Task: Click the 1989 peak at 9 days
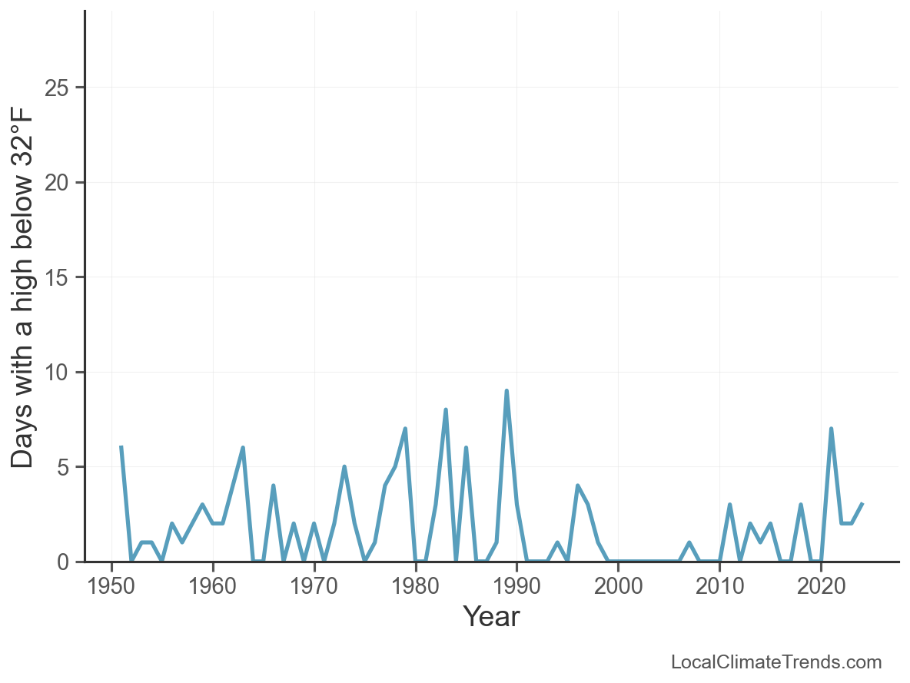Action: click(506, 391)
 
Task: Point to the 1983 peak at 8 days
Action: click(446, 409)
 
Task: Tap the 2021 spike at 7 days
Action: click(831, 429)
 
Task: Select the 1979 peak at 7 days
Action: click(405, 429)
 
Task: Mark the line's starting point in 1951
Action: click(121, 447)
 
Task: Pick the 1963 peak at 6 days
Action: click(243, 447)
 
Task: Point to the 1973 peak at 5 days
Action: click(344, 466)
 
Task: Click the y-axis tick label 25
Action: click(58, 88)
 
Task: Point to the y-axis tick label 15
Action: click(58, 277)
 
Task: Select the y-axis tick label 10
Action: click(58, 373)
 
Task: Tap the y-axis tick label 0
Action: click(65, 562)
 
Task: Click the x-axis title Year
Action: click(491, 617)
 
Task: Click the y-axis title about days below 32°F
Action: click(24, 287)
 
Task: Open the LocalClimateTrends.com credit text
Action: click(776, 662)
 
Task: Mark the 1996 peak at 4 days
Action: click(577, 486)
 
